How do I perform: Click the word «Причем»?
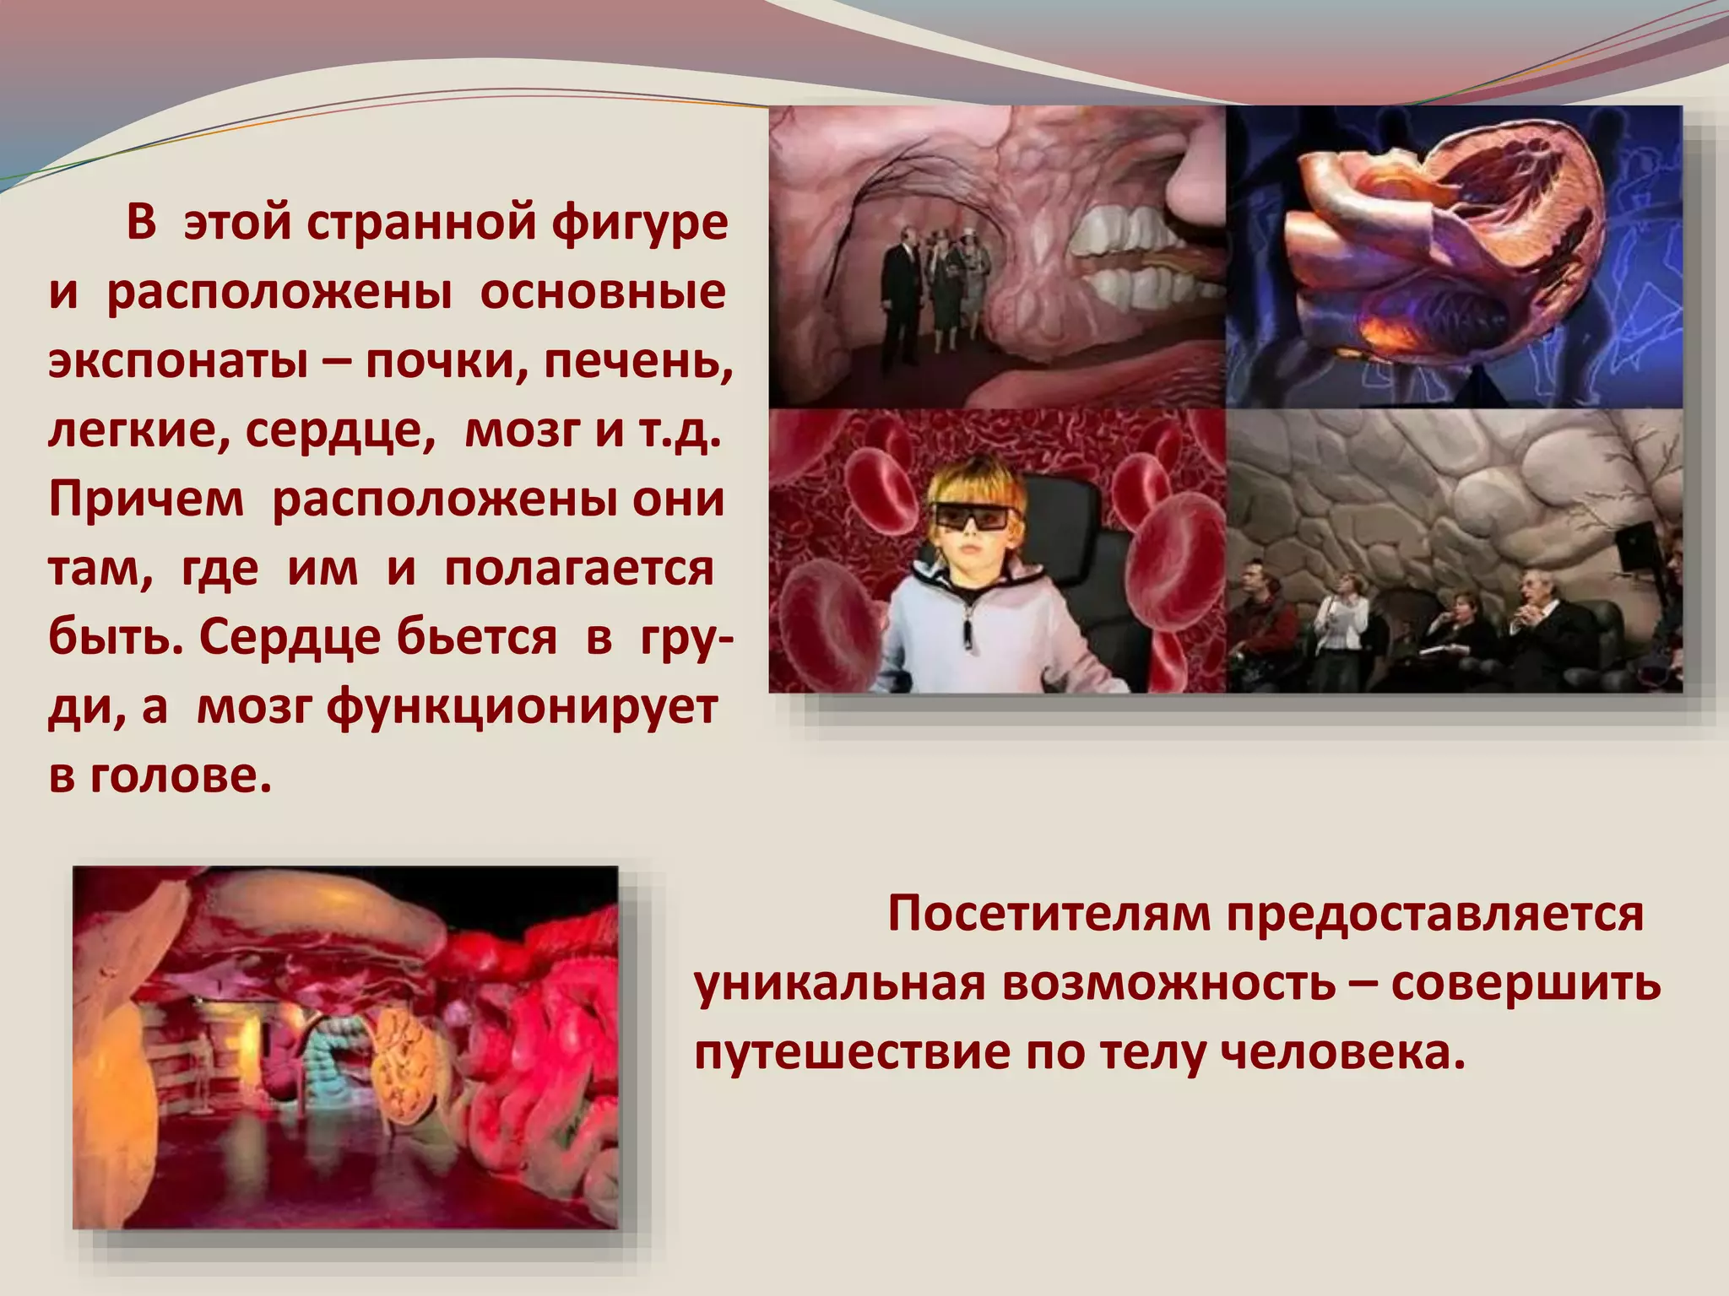[146, 499]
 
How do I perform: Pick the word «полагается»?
[579, 569]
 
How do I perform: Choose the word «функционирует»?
[521, 707]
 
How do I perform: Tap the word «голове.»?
[181, 775]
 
